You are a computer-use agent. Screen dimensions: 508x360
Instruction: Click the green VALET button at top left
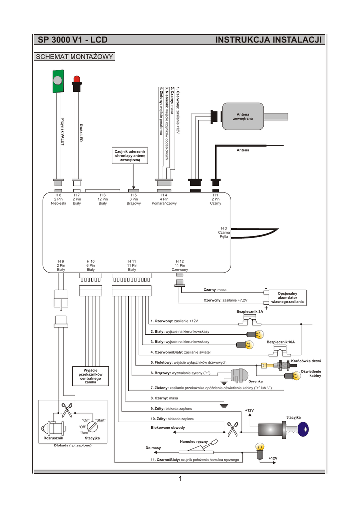[57, 81]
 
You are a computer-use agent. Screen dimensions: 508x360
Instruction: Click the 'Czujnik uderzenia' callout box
[130, 155]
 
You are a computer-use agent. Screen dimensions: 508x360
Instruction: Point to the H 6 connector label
[103, 199]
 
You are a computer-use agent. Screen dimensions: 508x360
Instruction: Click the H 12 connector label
[180, 265]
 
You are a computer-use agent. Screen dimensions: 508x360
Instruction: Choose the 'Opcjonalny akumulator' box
[288, 297]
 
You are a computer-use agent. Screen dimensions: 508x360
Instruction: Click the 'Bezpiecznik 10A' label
[281, 342]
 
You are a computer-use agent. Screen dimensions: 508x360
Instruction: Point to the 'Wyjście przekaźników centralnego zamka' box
[90, 375]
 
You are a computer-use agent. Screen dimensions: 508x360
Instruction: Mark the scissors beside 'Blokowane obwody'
[232, 428]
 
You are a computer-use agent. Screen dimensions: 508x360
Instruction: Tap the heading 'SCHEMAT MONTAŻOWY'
[74, 57]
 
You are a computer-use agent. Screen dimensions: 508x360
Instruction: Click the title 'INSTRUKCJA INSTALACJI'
[269, 40]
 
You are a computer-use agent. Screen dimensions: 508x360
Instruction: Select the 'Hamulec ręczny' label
[190, 441]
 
